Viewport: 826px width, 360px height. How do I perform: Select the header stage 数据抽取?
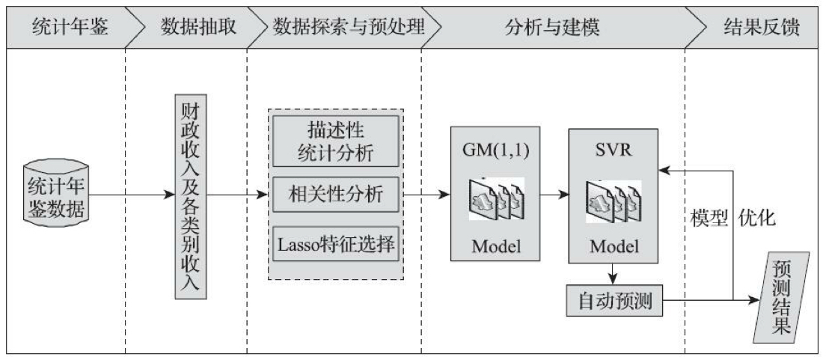198,28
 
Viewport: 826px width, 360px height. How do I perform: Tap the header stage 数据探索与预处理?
349,28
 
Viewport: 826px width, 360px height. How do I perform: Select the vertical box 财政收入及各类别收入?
190,196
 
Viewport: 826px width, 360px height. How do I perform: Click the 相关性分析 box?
335,194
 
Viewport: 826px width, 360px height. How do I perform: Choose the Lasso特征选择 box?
335,243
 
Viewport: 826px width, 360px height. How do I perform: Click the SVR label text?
613,147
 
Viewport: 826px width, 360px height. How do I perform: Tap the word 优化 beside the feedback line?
757,218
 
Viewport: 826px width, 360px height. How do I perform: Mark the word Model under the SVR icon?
613,247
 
